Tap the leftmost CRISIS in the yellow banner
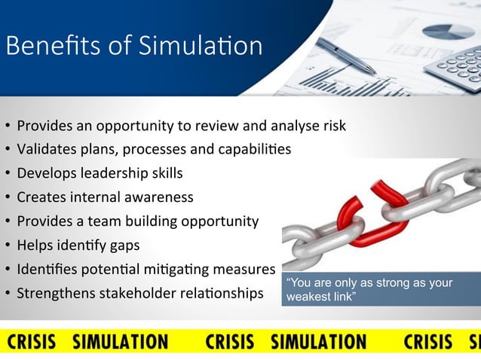coord(32,342)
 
